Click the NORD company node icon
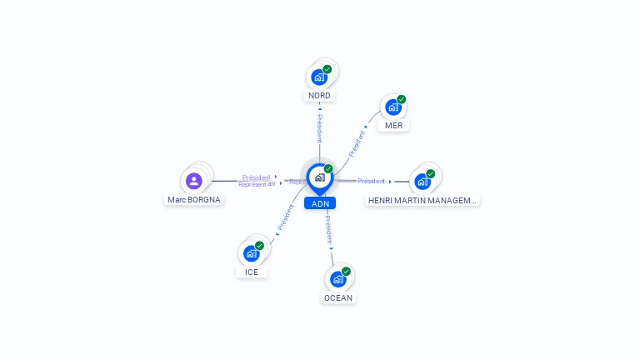pos(319,77)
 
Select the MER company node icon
pos(393,107)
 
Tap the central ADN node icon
pos(319,177)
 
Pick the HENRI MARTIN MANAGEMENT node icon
pos(422,181)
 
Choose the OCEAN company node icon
pos(338,278)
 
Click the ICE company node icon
pos(252,252)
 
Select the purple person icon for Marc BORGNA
pos(194,180)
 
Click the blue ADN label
pos(320,203)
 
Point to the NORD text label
pos(319,96)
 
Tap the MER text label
pos(394,126)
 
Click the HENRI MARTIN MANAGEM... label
pos(422,200)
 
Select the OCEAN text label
pos(338,297)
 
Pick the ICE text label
pos(252,272)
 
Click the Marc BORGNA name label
pos(194,200)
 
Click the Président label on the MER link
pos(357,142)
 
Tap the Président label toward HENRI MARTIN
pos(371,181)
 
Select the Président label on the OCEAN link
pos(329,229)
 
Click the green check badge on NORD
pos(327,69)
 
